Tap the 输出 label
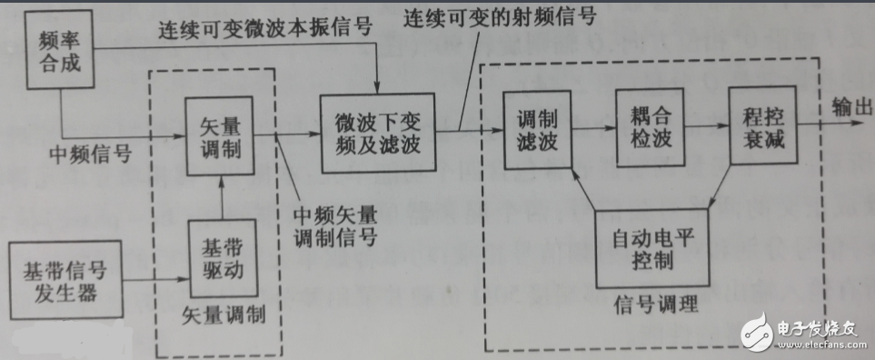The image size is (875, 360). [850, 106]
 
